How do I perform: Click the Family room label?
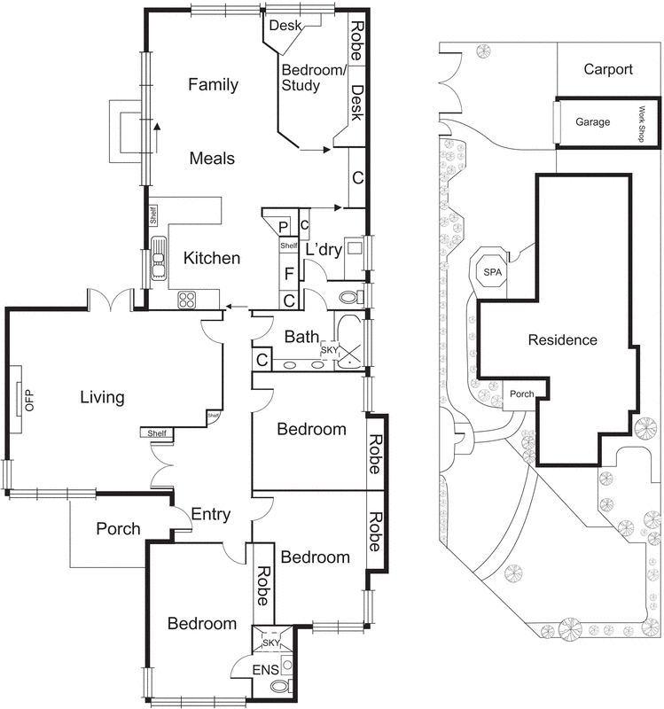tap(213, 85)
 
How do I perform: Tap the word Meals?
tap(212, 159)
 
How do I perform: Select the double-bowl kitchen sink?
tap(160, 258)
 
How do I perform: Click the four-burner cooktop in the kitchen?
tap(187, 300)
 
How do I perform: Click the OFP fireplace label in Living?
tap(27, 400)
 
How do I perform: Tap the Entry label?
tap(211, 514)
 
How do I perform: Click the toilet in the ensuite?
tap(281, 687)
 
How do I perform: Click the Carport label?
tap(608, 69)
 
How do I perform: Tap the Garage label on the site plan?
tap(592, 121)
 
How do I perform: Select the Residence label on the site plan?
tap(562, 339)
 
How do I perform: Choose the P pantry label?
tap(284, 226)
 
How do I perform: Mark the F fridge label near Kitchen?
tap(289, 274)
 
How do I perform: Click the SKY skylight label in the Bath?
tap(329, 351)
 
